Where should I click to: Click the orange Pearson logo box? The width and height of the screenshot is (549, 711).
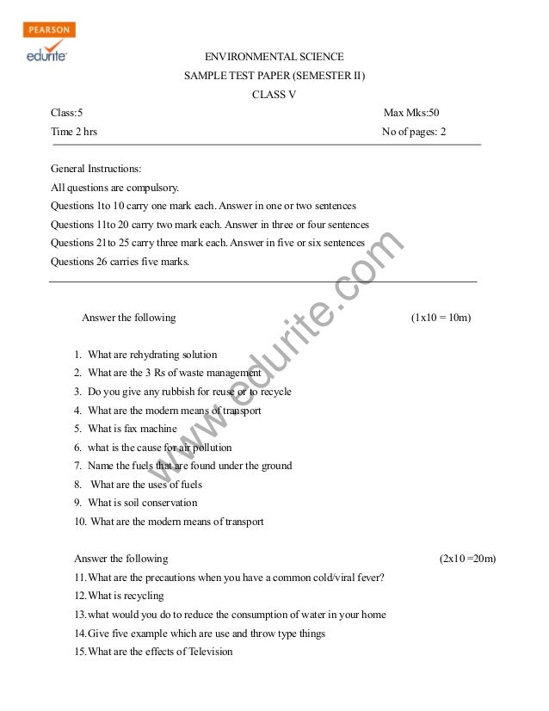(x=50, y=30)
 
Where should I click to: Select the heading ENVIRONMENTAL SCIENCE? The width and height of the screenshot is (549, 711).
(x=274, y=57)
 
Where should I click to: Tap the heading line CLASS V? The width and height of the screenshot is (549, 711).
(x=274, y=95)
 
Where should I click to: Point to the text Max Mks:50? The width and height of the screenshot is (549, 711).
(x=411, y=114)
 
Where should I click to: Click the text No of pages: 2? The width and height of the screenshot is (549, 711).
(x=414, y=133)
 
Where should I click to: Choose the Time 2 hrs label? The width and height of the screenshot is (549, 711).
(x=74, y=133)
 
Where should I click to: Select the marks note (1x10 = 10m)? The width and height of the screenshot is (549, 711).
(x=441, y=318)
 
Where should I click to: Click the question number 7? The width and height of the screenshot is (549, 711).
(x=78, y=466)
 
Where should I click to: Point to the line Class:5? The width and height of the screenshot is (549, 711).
(x=67, y=114)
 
